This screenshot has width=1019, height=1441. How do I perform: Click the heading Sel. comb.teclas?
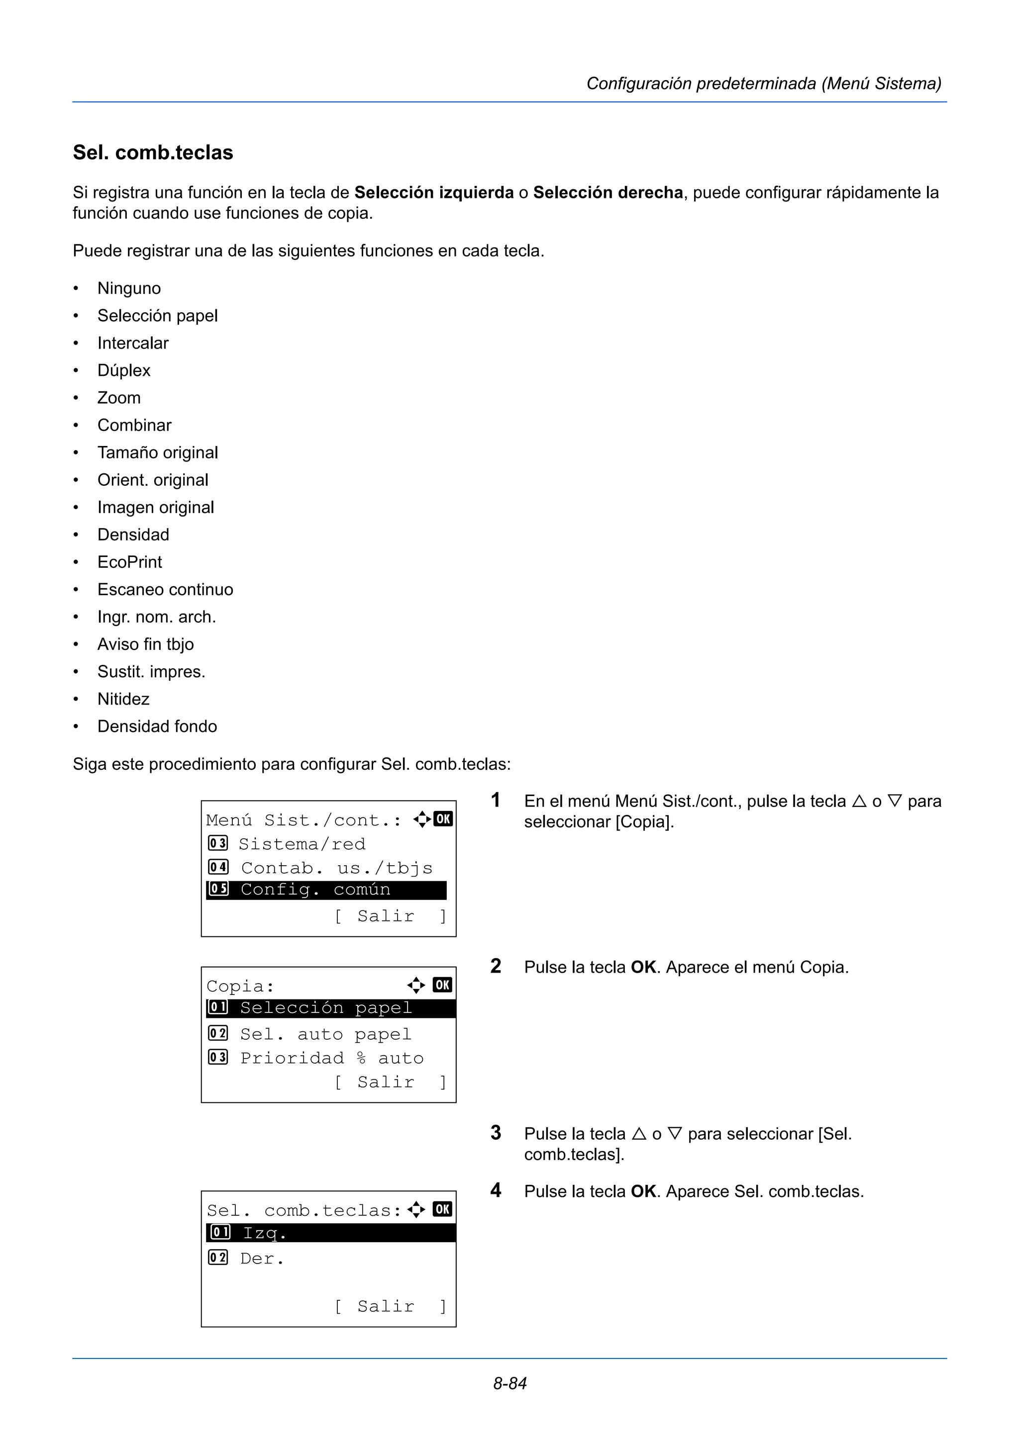[x=153, y=153]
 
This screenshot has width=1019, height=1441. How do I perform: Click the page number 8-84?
[x=509, y=1383]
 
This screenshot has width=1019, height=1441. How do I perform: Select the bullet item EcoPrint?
[x=129, y=562]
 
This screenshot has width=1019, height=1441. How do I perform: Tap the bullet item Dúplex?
[x=124, y=370]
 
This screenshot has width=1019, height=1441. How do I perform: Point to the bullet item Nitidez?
[x=123, y=699]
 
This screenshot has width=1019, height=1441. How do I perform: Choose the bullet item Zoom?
[x=118, y=398]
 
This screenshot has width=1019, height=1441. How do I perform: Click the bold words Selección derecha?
[x=608, y=192]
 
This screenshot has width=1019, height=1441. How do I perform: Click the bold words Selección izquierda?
[x=434, y=192]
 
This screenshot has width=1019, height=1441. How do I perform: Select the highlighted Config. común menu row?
[x=325, y=890]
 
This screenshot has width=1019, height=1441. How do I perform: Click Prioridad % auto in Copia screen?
[x=331, y=1058]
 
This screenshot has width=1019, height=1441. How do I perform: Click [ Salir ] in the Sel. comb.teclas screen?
[x=389, y=1306]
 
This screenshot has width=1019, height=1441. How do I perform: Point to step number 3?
[x=496, y=1133]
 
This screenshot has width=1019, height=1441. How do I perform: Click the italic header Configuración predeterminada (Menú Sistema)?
[x=763, y=84]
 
